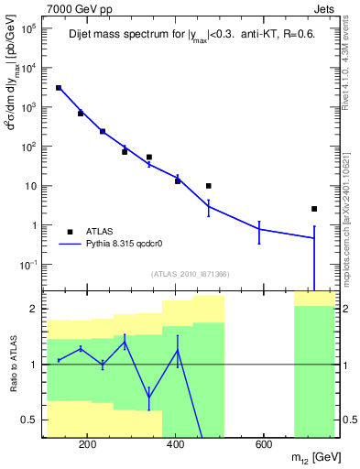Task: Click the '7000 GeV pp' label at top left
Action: tap(76, 7)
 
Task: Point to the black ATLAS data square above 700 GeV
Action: tap(314, 209)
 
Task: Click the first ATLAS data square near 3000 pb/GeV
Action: tap(59, 88)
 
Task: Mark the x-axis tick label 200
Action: tap(88, 446)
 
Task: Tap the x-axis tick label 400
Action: tap(175, 446)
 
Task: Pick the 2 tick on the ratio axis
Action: tap(36, 309)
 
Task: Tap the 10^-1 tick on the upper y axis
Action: tap(27, 265)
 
